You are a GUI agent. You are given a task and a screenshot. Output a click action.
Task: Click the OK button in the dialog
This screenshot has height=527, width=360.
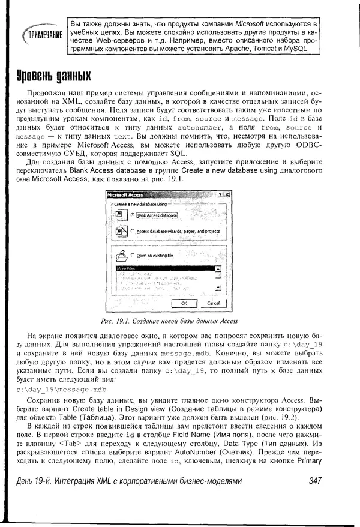click(183, 304)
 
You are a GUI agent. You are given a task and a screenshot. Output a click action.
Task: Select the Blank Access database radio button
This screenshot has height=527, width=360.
click(133, 214)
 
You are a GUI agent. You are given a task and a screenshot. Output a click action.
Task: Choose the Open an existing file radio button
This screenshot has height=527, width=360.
click(133, 255)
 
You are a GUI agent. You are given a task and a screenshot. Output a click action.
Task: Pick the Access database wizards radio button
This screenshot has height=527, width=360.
click(133, 231)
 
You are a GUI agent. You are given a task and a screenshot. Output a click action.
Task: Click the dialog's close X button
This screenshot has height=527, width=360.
click(227, 194)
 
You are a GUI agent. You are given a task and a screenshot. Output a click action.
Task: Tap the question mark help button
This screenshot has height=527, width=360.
click(220, 194)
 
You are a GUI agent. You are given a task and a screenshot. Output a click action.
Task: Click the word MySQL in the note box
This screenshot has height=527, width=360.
click(295, 49)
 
